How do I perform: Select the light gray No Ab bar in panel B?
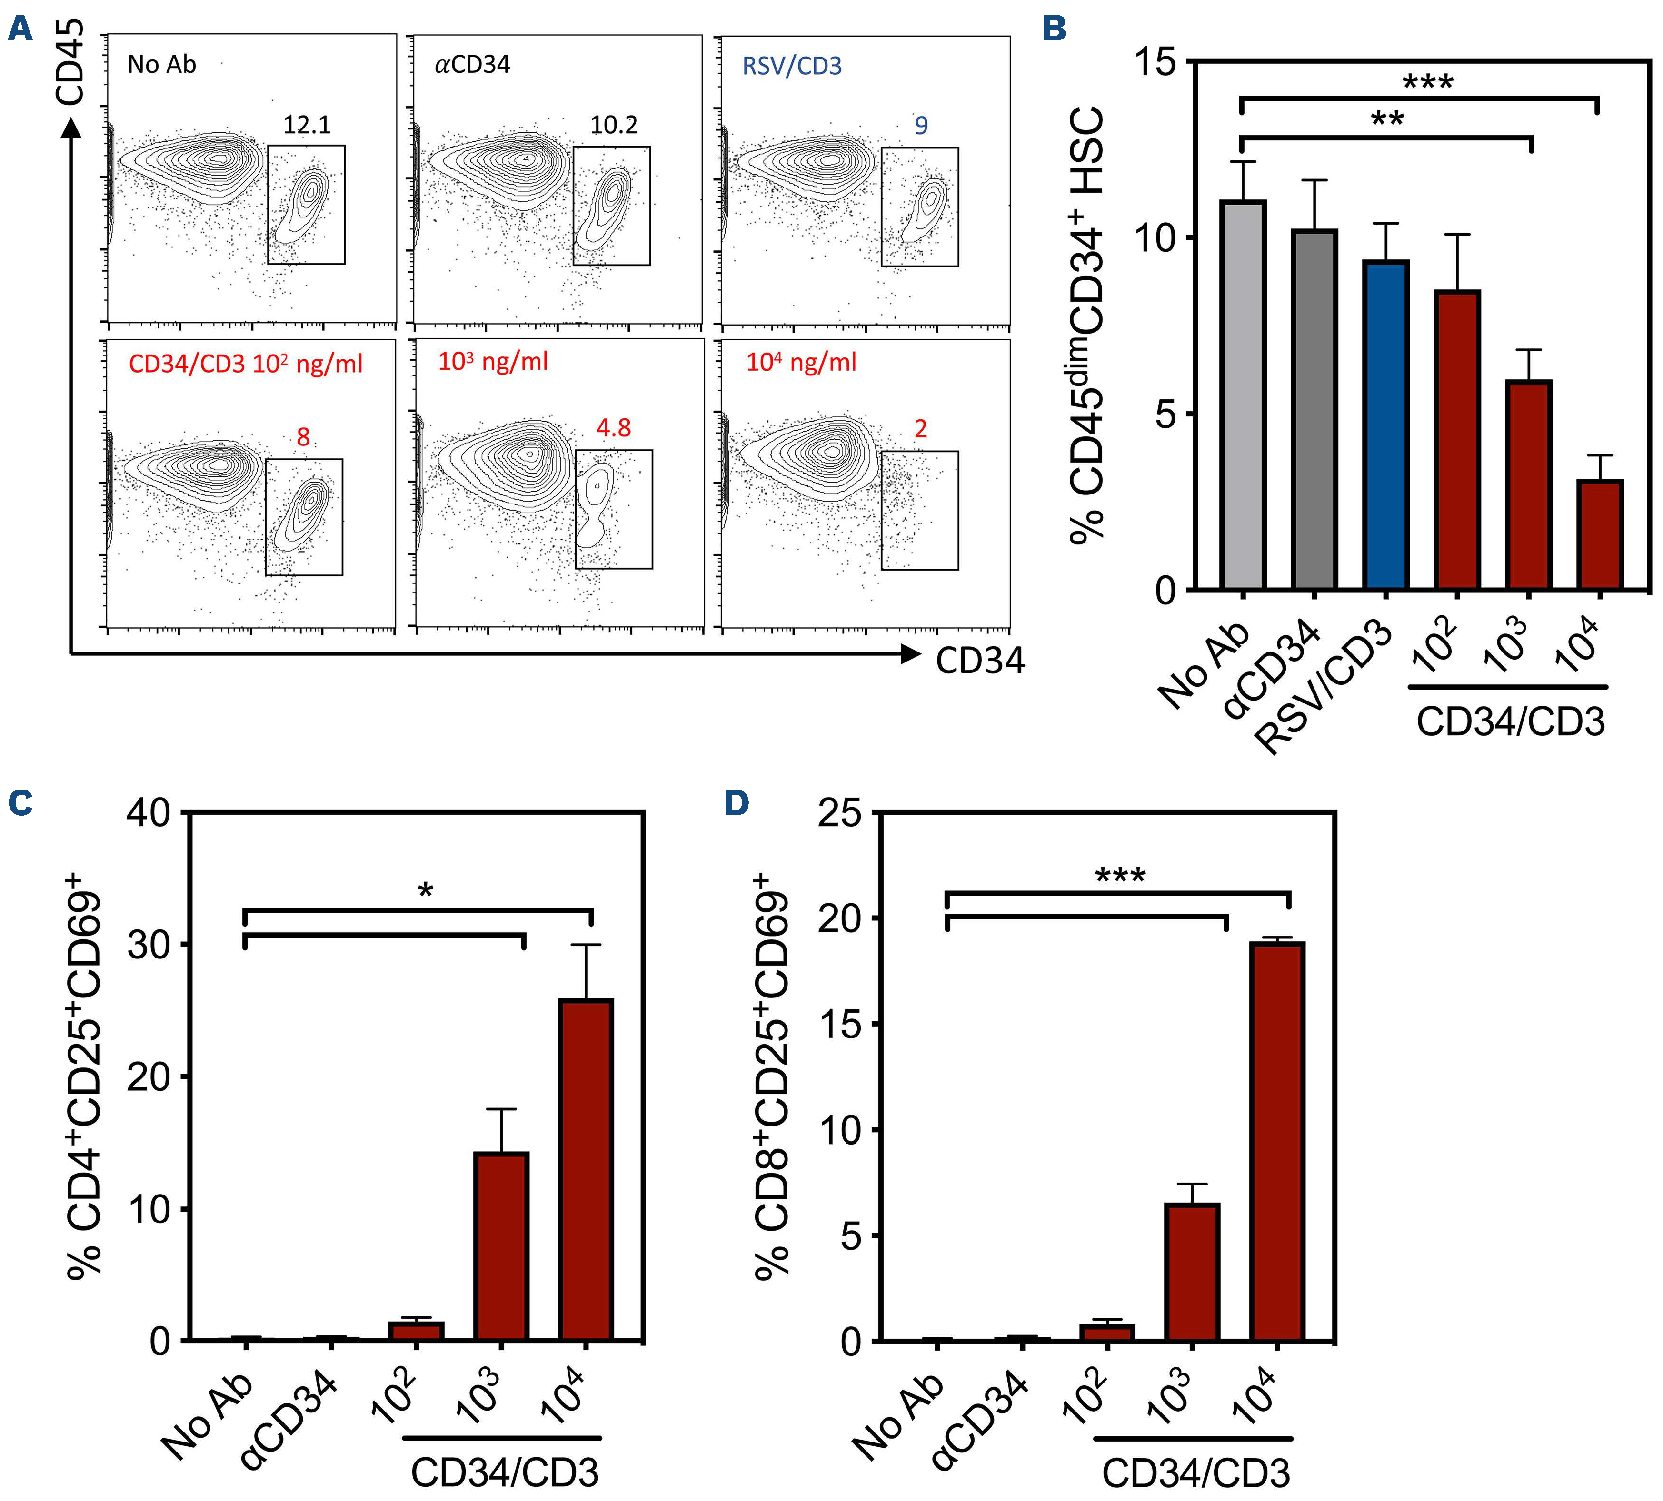[1242, 396]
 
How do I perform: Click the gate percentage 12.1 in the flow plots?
[307, 125]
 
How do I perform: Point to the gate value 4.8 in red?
[614, 428]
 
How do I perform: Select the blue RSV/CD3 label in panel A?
[792, 66]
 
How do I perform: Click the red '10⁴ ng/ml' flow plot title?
[801, 362]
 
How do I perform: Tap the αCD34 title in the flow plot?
[473, 64]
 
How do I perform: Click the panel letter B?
[1054, 29]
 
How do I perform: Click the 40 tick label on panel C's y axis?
[149, 813]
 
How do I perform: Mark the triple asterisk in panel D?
[1120, 876]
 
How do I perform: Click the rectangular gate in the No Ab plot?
[306, 205]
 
